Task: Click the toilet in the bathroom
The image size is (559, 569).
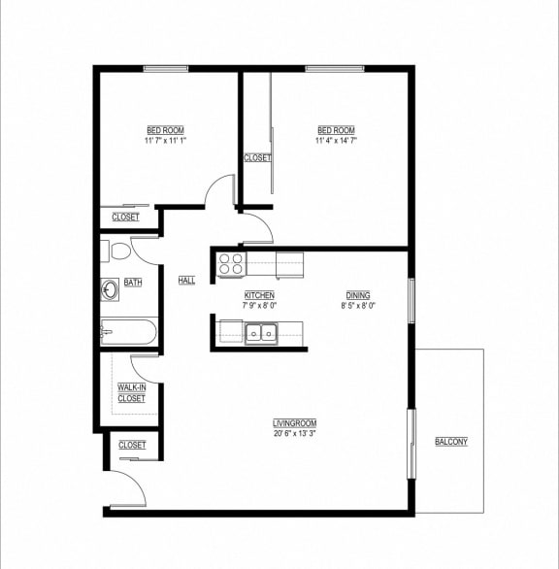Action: (x=118, y=252)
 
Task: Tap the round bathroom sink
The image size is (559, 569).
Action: (x=110, y=288)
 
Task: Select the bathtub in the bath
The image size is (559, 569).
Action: (x=128, y=332)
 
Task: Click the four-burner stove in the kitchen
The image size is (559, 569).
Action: (x=230, y=263)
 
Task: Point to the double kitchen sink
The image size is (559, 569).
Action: (x=259, y=333)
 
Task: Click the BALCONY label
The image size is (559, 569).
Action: (x=451, y=442)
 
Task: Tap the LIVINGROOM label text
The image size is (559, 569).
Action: (x=294, y=423)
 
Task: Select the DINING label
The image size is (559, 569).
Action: (x=358, y=295)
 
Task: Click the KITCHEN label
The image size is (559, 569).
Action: (x=259, y=295)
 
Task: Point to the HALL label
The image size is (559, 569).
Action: (x=186, y=281)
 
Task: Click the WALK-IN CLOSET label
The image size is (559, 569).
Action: (x=131, y=393)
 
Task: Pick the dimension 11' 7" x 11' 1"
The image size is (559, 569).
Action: (x=165, y=141)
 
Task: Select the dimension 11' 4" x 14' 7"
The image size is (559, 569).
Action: (x=336, y=141)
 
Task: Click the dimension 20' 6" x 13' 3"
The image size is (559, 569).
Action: (x=294, y=433)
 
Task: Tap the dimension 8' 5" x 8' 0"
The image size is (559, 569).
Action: (x=358, y=305)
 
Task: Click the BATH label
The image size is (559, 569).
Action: (x=133, y=283)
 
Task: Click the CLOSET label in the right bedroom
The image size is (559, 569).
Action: (x=257, y=157)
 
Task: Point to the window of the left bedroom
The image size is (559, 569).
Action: (x=166, y=68)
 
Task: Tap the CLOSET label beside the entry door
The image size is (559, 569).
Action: (x=132, y=445)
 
